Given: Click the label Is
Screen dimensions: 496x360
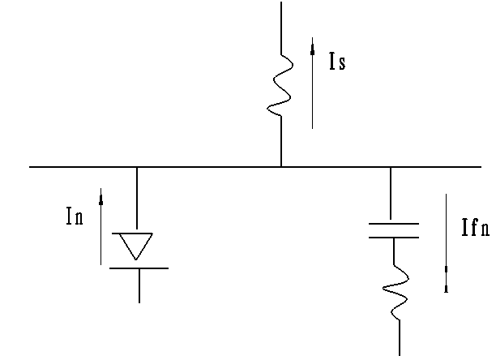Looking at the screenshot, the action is click(x=337, y=61).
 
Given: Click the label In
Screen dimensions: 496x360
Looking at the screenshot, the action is click(x=75, y=216).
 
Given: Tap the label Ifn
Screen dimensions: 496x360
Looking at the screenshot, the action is click(x=476, y=228).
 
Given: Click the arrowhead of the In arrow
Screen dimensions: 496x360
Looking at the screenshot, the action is click(x=101, y=199).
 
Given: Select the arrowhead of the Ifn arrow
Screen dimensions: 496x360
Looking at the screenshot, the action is click(x=446, y=280).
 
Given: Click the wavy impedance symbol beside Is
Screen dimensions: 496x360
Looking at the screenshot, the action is click(x=280, y=85).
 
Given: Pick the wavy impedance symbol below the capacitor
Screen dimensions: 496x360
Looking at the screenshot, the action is click(x=396, y=292).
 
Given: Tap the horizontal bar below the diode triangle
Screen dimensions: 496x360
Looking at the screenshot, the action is click(x=139, y=268).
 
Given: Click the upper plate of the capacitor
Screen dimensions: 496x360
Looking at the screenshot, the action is click(x=394, y=224).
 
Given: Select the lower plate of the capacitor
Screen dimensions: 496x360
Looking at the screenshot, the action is click(x=394, y=237).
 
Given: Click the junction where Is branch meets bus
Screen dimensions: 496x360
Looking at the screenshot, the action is click(x=281, y=166).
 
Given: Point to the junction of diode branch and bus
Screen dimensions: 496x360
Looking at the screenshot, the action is click(x=137, y=167).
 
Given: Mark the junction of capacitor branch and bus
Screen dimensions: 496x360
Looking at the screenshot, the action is click(x=391, y=167).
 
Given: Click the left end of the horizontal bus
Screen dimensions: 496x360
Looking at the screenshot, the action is click(x=30, y=167).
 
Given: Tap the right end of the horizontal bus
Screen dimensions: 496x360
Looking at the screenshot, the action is click(x=481, y=167).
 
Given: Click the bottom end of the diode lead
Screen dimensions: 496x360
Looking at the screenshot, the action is click(x=139, y=302).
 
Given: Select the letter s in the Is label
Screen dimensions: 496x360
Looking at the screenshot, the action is click(x=342, y=63).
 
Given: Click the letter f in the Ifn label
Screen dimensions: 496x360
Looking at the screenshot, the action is click(x=473, y=228).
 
